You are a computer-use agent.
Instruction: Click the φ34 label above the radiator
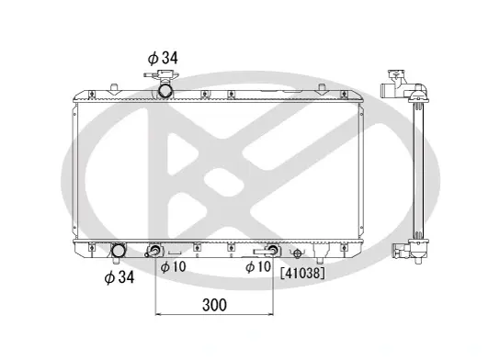point(163,58)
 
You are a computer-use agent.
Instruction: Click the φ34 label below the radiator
point(119,277)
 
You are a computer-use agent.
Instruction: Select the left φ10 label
point(173,266)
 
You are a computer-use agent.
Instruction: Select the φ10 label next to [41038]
point(258,266)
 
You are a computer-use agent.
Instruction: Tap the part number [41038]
point(302,273)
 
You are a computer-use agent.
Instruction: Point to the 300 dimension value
point(214,305)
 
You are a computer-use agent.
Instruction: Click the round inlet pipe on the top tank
point(165,91)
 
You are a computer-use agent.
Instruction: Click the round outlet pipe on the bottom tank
point(118,251)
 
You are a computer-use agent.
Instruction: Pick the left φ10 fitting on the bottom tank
point(154,251)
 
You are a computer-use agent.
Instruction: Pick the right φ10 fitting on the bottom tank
point(270,250)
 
